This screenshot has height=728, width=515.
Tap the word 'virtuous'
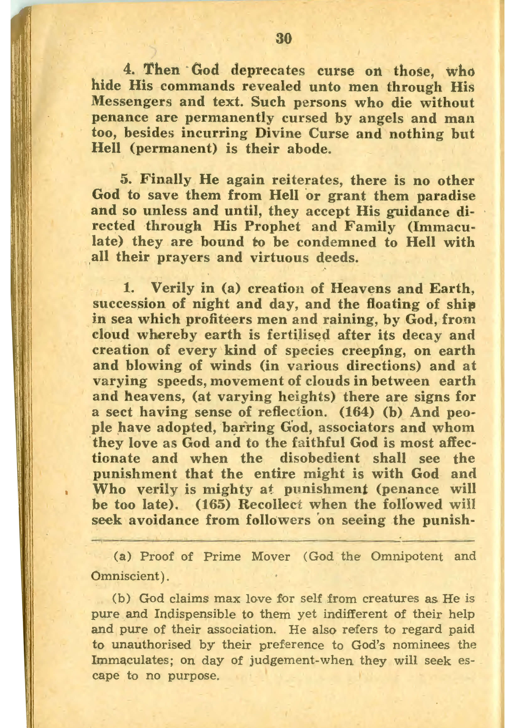tap(279, 258)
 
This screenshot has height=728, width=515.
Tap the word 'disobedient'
tap(320, 458)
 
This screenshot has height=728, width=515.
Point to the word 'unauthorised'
tap(151, 645)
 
